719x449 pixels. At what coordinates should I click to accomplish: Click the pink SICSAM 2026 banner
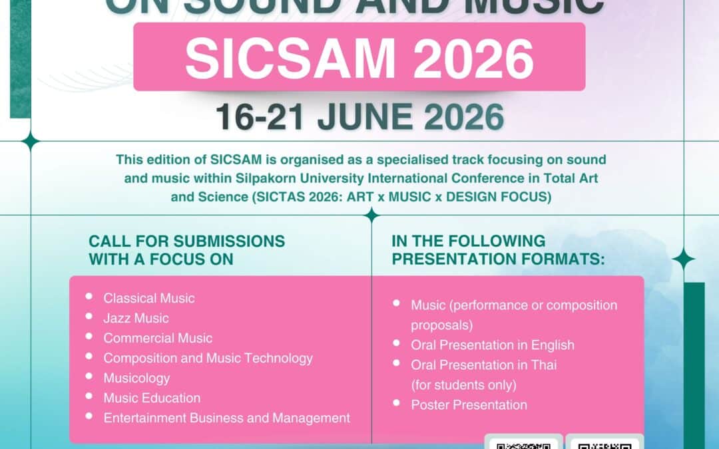pyautogui.click(x=359, y=57)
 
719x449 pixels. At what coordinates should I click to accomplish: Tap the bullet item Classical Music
pyautogui.click(x=149, y=298)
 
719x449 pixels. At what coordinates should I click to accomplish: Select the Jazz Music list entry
pyautogui.click(x=136, y=318)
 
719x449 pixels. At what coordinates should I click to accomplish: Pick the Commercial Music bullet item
pyautogui.click(x=158, y=338)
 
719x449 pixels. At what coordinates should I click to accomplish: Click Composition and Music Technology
pyautogui.click(x=208, y=358)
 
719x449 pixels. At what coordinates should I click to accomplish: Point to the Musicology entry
pyautogui.click(x=136, y=378)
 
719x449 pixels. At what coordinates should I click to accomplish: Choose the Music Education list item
pyautogui.click(x=152, y=398)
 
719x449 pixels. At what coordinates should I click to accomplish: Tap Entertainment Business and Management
pyautogui.click(x=226, y=418)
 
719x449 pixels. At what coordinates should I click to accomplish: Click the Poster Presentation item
pyautogui.click(x=469, y=404)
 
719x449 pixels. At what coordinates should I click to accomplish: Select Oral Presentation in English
pyautogui.click(x=492, y=345)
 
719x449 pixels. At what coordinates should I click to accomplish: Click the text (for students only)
pyautogui.click(x=463, y=384)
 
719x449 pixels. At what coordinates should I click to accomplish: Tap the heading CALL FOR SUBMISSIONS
pyautogui.click(x=187, y=241)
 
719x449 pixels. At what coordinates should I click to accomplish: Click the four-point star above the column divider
pyautogui.click(x=371, y=215)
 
